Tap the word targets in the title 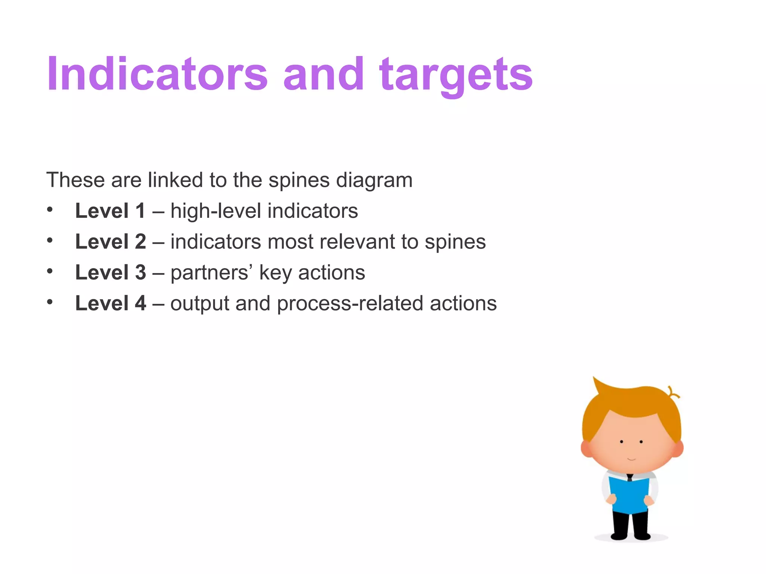pyautogui.click(x=456, y=75)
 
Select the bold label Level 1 pyautogui.click(x=110, y=211)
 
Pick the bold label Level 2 pyautogui.click(x=110, y=241)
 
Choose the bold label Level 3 pyautogui.click(x=110, y=272)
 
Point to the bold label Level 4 pyautogui.click(x=110, y=303)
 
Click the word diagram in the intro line pyautogui.click(x=374, y=180)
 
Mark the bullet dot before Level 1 pyautogui.click(x=50, y=209)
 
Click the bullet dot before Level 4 pyautogui.click(x=50, y=302)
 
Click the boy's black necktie pyautogui.click(x=630, y=478)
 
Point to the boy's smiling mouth pyautogui.click(x=631, y=459)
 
